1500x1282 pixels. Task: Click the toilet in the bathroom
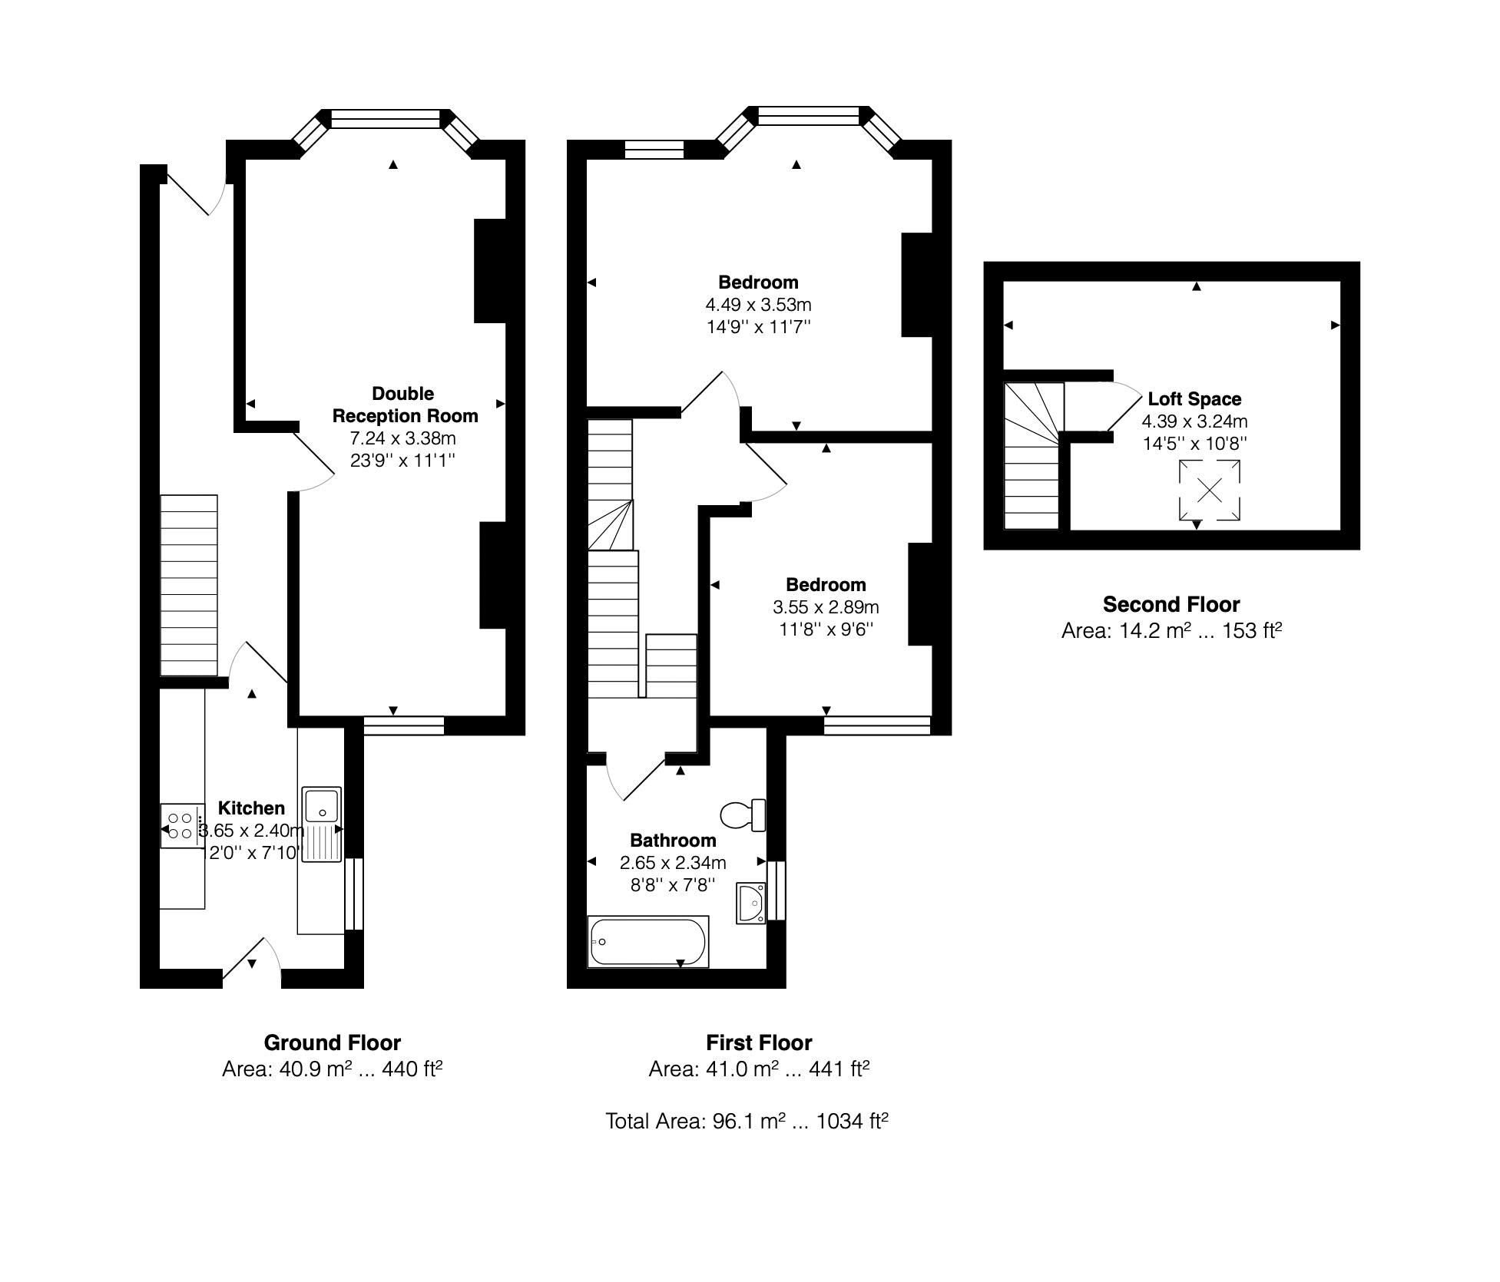coord(743,814)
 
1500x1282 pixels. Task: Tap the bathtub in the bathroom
coord(647,941)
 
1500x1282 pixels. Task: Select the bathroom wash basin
coord(750,903)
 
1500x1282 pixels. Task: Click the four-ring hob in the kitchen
coord(181,826)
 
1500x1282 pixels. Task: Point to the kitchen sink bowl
coord(322,805)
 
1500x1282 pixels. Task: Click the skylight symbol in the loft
coord(1209,490)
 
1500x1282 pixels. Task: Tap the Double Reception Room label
coord(404,405)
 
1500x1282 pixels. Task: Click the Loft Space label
coord(1194,398)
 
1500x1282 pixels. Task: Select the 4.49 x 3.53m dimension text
coord(758,305)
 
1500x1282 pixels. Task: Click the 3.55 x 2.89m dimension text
coord(826,607)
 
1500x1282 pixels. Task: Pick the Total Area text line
coord(747,1122)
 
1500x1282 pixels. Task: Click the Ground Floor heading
coord(332,1042)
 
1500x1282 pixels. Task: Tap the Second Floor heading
coord(1171,604)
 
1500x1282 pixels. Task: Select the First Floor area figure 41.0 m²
coord(758,1069)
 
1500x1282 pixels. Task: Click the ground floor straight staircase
coord(188,585)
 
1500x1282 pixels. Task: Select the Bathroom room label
coord(673,840)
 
